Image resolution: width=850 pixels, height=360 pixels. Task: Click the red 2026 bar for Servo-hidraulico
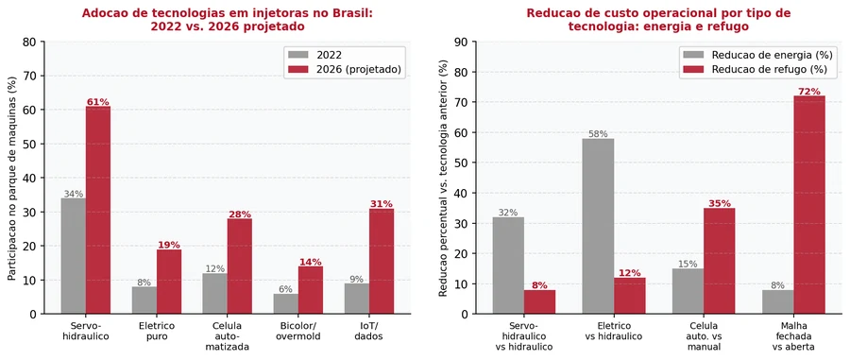tap(98, 210)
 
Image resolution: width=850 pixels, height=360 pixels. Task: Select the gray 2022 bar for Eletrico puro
tap(144, 300)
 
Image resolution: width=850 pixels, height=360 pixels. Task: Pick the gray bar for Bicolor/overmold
tap(285, 303)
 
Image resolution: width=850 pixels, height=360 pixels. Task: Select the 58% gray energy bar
tap(599, 226)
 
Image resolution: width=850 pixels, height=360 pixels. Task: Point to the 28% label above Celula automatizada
tap(240, 214)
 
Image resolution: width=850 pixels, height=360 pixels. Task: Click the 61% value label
tap(98, 102)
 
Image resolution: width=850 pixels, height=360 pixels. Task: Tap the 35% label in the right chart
tap(720, 203)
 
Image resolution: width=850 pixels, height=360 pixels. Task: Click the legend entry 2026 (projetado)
tap(347, 69)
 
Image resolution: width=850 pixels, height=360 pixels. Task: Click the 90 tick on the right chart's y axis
tap(466, 42)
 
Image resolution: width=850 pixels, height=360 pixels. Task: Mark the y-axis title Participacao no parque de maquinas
tap(12, 178)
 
